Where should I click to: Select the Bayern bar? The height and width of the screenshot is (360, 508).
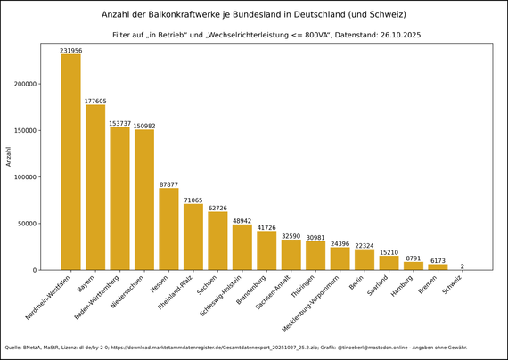(95, 187)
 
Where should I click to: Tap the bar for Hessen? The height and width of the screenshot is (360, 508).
(168, 229)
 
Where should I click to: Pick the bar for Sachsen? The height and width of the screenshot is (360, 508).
(217, 241)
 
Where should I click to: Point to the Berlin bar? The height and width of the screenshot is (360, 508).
(365, 259)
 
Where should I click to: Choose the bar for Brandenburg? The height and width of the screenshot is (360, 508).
(266, 250)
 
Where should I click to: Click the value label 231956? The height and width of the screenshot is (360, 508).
(70, 51)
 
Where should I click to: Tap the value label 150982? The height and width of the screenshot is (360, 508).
(144, 126)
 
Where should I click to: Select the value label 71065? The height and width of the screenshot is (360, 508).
(193, 200)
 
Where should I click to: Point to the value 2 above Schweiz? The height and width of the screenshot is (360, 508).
(462, 266)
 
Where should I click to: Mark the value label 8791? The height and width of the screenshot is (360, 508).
(414, 258)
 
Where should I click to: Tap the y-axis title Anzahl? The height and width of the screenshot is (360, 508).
(9, 157)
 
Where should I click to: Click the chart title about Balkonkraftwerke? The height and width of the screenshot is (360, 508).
(253, 15)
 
